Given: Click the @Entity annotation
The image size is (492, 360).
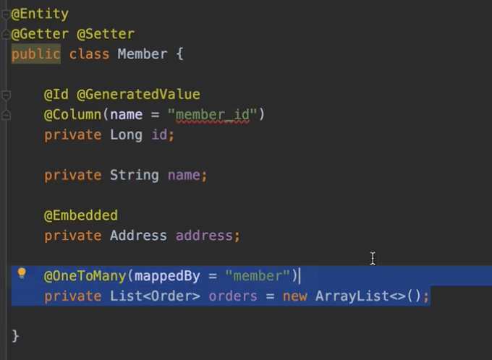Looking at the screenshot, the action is [40, 14].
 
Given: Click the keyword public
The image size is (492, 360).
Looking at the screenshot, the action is [35, 54].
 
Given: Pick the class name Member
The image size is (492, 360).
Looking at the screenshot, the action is [142, 54].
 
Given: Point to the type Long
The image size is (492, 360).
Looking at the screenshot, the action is [126, 134].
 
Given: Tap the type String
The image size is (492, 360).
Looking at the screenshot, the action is [134, 175].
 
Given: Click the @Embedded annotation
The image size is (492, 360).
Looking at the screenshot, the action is [81, 215].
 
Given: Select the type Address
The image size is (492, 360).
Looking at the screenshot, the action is [138, 236].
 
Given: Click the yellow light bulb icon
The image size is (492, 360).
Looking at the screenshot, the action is [22, 273].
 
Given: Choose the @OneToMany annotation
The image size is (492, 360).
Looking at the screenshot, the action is [85, 275].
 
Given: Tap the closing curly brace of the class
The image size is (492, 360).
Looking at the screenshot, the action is [16, 336].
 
